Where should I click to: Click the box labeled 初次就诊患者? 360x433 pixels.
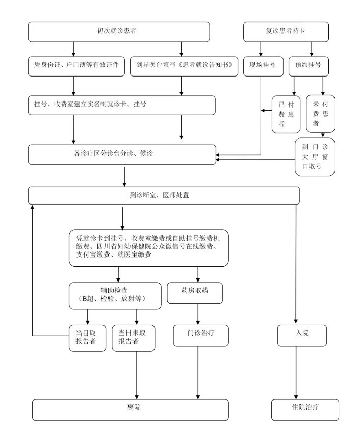118,32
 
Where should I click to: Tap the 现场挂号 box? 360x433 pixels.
262,65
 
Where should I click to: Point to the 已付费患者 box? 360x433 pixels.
286,114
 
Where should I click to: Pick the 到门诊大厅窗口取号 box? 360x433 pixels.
315,157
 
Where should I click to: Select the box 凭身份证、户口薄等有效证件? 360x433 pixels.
76,65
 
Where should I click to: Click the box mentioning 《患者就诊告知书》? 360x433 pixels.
184,65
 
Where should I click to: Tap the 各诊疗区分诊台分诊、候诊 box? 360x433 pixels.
122,154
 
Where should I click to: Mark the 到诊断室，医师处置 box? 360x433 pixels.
163,195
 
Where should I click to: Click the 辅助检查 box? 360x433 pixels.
115,295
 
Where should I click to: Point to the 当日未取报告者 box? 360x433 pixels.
133,337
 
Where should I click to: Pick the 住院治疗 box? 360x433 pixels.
304,409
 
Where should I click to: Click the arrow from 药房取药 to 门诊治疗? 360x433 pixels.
198,313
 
